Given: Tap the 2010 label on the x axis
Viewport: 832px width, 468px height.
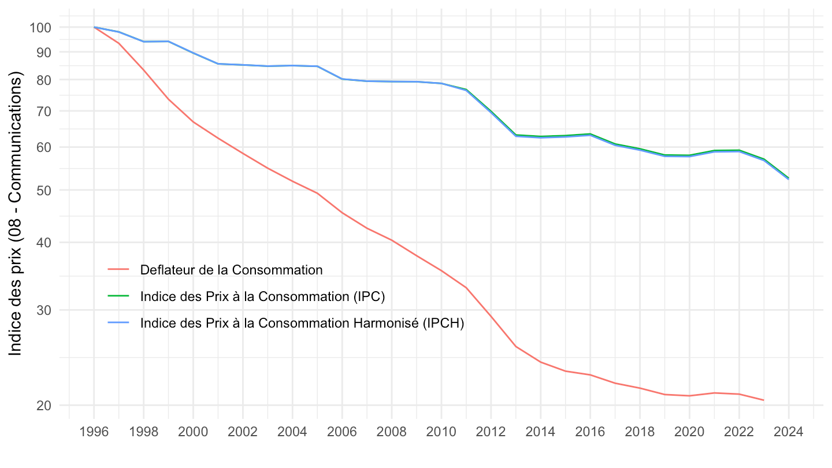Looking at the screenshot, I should click(441, 432).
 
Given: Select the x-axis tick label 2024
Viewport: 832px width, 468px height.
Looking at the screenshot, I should click(788, 432).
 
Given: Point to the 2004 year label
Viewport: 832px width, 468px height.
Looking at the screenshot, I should click(292, 432).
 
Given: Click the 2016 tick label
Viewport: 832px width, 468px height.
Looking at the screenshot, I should click(590, 432).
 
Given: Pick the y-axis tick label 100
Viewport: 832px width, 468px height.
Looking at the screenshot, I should click(42, 27).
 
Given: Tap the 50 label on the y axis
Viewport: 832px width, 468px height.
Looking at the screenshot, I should click(45, 190).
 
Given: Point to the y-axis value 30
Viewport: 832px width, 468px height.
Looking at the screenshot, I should click(45, 310).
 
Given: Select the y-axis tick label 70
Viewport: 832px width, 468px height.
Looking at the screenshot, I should click(45, 111).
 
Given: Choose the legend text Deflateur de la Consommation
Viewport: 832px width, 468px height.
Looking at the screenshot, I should click(231, 269).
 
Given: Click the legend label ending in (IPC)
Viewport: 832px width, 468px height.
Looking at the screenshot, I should click(262, 296).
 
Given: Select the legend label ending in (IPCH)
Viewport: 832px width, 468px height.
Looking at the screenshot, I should click(302, 323).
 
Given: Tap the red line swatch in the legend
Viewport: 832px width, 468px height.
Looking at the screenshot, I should click(118, 269).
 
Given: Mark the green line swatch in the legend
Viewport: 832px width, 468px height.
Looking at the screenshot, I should click(118, 296).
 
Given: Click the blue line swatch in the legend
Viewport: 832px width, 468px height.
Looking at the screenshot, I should click(118, 323).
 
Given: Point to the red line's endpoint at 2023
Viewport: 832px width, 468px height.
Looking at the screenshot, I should click(763, 400).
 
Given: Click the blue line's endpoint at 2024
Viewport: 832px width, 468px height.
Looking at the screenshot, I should click(788, 179).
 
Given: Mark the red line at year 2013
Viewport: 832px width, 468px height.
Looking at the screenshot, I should click(515, 347).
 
